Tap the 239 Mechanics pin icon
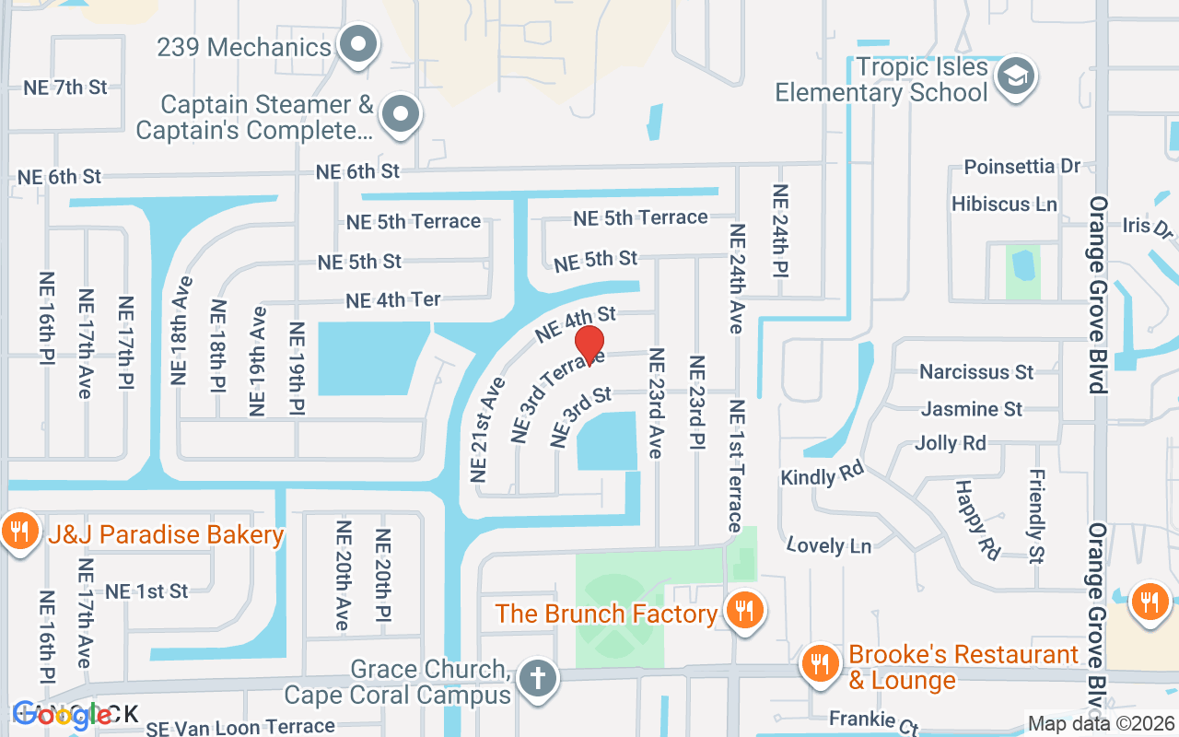coord(358,44)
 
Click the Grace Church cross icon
coord(537,679)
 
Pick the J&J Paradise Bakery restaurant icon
coord(19,532)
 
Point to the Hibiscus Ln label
coord(1004,204)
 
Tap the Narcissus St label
coord(976,372)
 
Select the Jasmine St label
coord(972,408)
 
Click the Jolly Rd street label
coord(950,443)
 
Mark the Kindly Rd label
coord(822,475)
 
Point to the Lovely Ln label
coord(829,545)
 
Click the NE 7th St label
coord(65,88)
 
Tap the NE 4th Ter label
coord(393,300)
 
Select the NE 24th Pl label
coord(780,231)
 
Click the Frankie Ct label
coord(873,720)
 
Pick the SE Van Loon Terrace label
coord(240,727)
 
